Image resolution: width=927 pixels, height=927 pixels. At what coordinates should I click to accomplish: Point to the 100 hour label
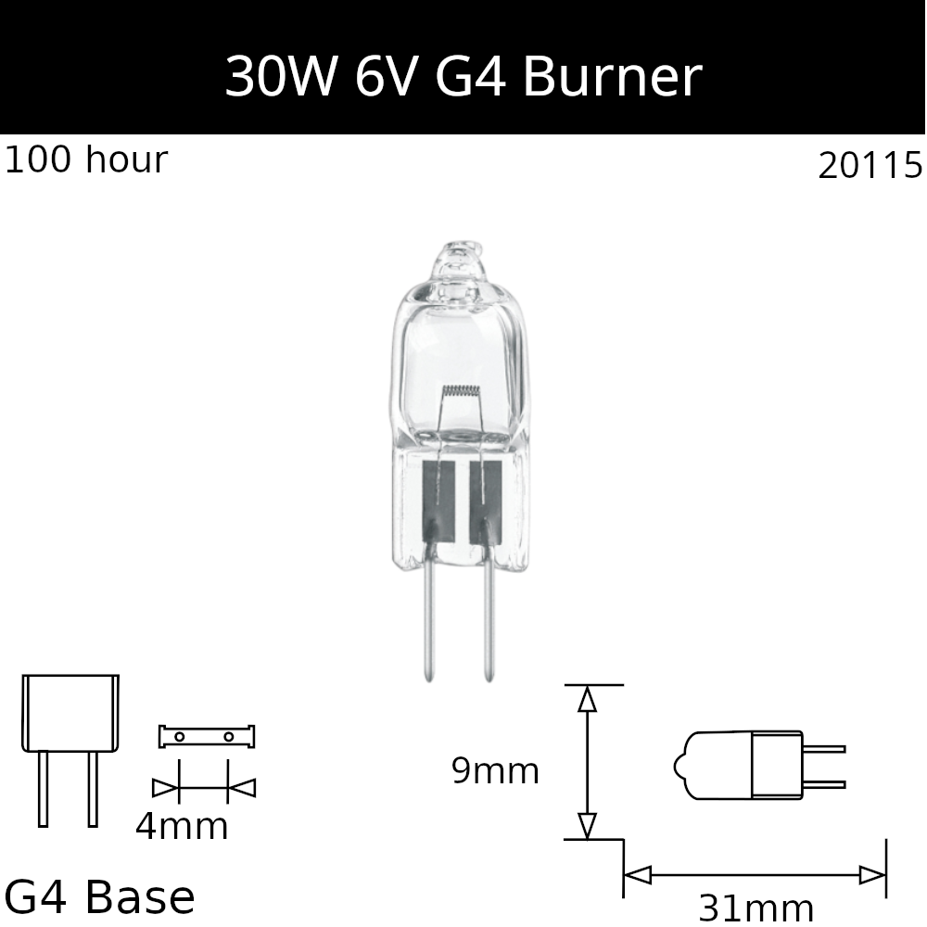(x=85, y=159)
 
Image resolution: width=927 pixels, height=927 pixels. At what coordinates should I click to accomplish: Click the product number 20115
(x=870, y=166)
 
